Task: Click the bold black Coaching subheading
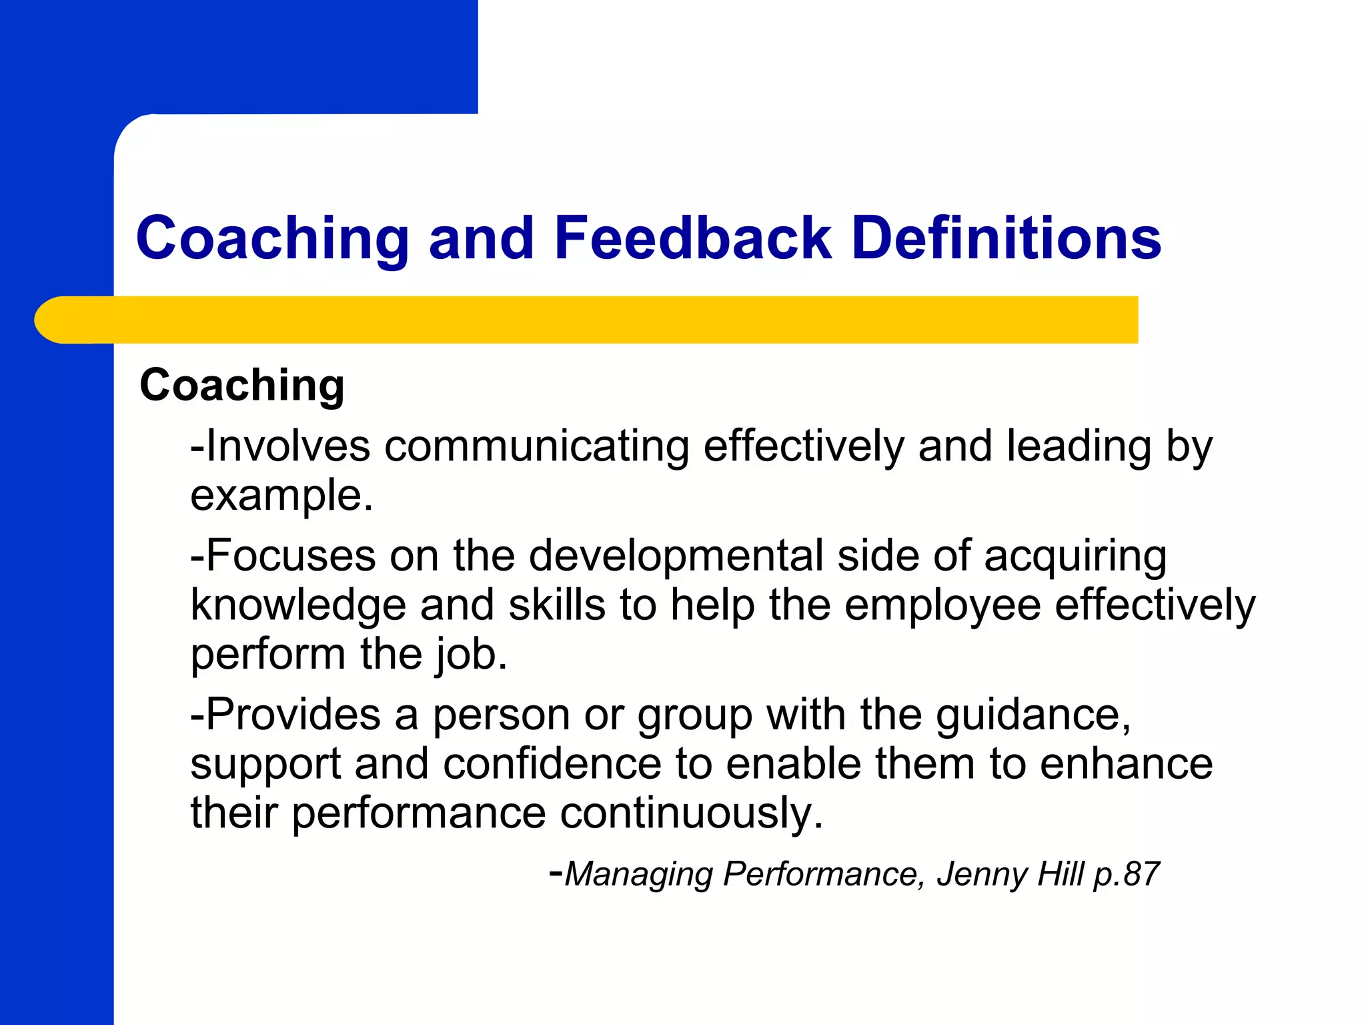[242, 386]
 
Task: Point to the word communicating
[536, 447]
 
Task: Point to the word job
[467, 655]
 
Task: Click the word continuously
[690, 813]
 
